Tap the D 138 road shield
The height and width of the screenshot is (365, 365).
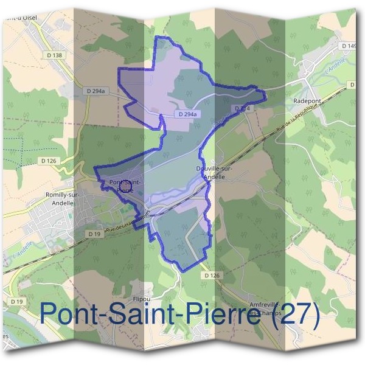click(x=54, y=55)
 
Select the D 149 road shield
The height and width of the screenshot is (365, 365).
click(x=349, y=46)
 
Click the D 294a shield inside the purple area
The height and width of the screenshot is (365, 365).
click(x=189, y=114)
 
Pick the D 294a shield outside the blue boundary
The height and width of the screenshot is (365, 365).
click(x=96, y=91)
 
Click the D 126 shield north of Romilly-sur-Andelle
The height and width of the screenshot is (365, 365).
click(x=49, y=161)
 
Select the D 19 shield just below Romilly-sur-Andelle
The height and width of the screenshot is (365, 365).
click(x=93, y=234)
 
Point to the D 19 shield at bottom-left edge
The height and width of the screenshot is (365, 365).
click(x=16, y=302)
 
